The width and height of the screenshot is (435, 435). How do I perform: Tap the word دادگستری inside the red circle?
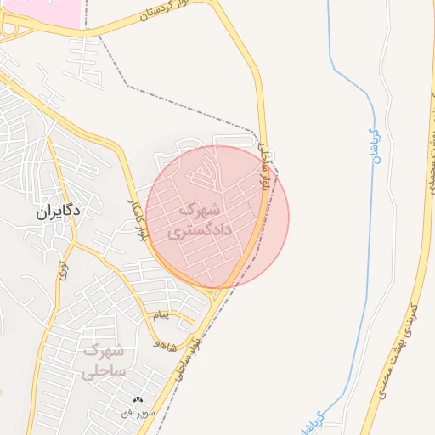point(198,230)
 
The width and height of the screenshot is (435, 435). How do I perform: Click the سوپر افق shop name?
point(138,412)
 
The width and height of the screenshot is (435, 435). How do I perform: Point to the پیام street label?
point(161,316)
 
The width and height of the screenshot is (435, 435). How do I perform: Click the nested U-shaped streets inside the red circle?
point(206,175)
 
